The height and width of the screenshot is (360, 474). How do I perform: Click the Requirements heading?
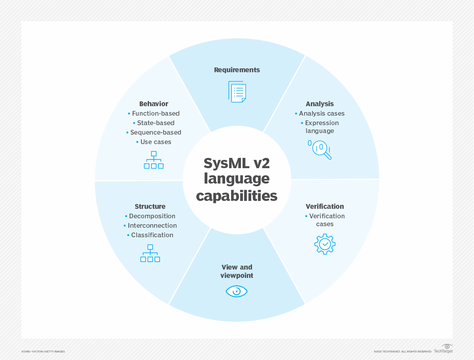(x=237, y=70)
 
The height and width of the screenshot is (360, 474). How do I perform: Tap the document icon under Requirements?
(x=237, y=92)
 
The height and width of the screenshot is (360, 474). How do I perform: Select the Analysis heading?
(x=320, y=104)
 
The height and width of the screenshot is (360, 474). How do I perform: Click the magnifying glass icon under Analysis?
(x=320, y=149)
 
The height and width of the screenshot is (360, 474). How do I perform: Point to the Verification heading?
(x=325, y=206)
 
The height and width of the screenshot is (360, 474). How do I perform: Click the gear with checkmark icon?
(x=325, y=244)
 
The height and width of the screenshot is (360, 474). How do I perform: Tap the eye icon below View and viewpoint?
(x=237, y=291)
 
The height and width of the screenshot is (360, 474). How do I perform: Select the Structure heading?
(x=150, y=206)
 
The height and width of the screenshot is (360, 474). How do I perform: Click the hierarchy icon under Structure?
(x=150, y=253)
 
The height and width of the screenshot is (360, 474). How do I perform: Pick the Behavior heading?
(x=154, y=104)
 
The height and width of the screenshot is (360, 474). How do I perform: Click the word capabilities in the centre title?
(x=237, y=196)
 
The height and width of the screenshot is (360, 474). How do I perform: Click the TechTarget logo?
(x=444, y=349)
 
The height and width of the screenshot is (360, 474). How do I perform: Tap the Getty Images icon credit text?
(x=43, y=351)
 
